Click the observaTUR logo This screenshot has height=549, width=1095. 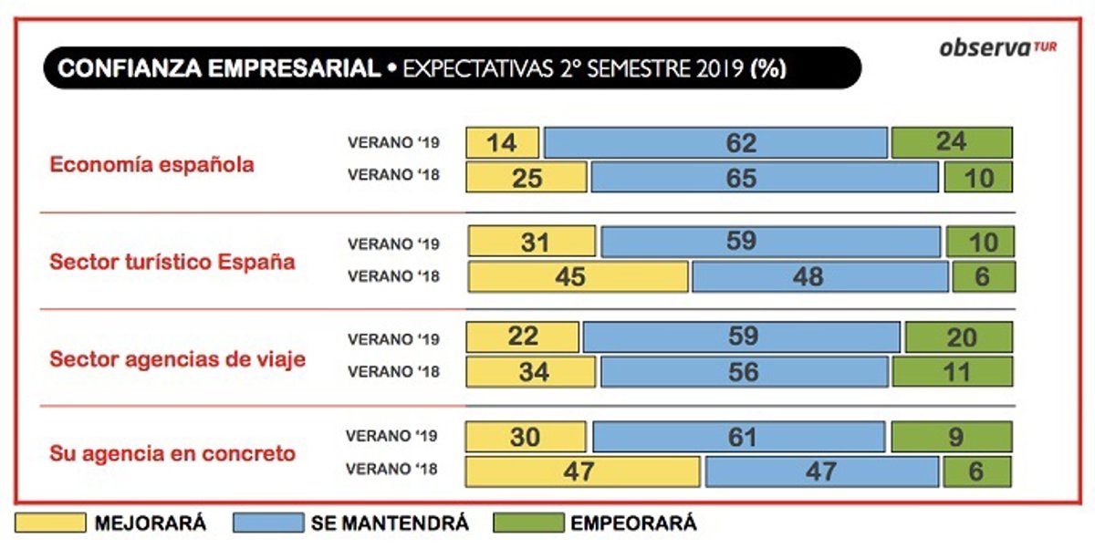click(x=996, y=48)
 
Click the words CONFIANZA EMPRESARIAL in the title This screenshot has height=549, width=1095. click(x=218, y=69)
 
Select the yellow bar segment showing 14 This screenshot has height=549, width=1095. click(x=503, y=143)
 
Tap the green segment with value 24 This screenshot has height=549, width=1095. click(x=952, y=143)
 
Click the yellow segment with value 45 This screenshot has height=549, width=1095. click(x=578, y=276)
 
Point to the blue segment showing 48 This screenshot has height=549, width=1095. click(x=819, y=276)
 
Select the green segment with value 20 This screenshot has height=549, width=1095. click(x=958, y=337)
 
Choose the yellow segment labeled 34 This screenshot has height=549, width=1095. click(x=531, y=371)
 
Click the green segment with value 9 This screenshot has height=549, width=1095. click(x=952, y=437)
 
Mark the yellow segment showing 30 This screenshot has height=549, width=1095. click(x=527, y=437)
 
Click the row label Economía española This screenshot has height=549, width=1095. click(x=151, y=165)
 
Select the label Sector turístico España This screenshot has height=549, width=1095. click(x=172, y=262)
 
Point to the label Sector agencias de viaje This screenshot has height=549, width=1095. click(x=178, y=358)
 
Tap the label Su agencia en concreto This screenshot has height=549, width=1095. click(x=172, y=453)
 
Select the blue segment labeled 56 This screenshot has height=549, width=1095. click(x=744, y=371)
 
